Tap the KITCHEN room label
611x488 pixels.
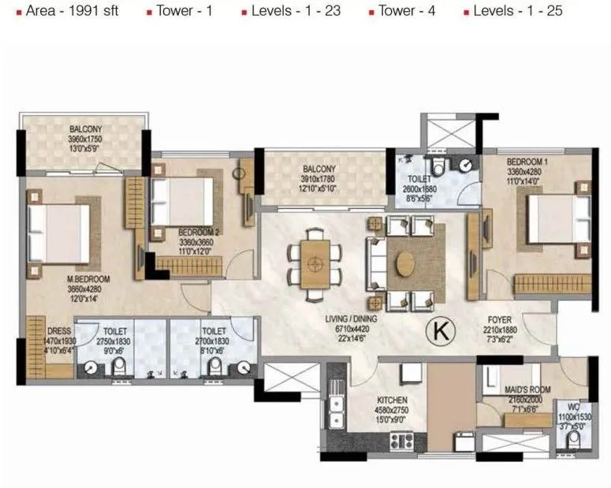click(x=391, y=400)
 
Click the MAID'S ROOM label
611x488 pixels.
click(x=521, y=389)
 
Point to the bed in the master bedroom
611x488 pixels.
click(x=57, y=235)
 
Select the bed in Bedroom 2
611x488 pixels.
click(x=182, y=201)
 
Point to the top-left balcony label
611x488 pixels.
click(x=84, y=129)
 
